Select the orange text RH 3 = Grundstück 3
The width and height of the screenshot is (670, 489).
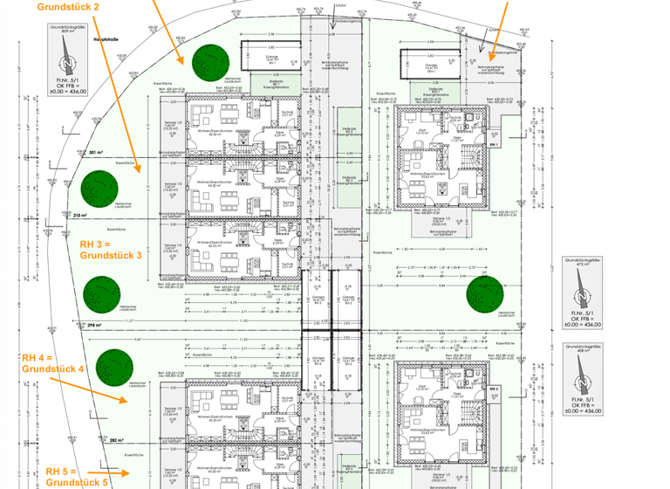[110, 249]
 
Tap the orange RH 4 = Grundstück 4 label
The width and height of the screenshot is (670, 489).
[52, 362]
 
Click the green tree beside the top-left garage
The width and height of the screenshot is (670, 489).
[210, 62]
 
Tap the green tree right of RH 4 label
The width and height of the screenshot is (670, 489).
[114, 365]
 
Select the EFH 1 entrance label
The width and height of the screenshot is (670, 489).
[494, 143]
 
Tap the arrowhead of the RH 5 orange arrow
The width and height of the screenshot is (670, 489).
[129, 472]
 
